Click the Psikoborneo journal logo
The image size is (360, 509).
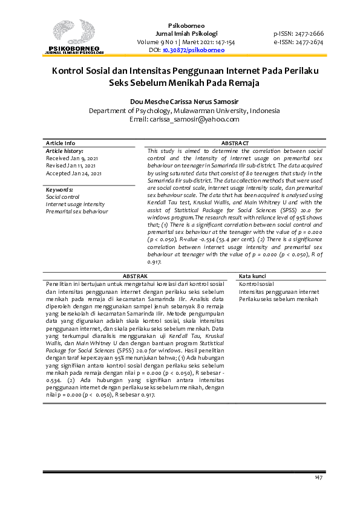(x=73, y=37)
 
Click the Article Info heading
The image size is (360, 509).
(x=61, y=143)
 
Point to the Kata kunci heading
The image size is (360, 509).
(x=254, y=276)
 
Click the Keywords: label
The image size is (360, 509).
(x=59, y=189)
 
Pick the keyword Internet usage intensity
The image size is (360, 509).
(x=75, y=204)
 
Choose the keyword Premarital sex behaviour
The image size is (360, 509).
(x=77, y=212)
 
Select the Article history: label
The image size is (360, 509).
(x=65, y=151)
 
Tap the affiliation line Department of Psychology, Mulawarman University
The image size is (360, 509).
(x=184, y=111)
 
